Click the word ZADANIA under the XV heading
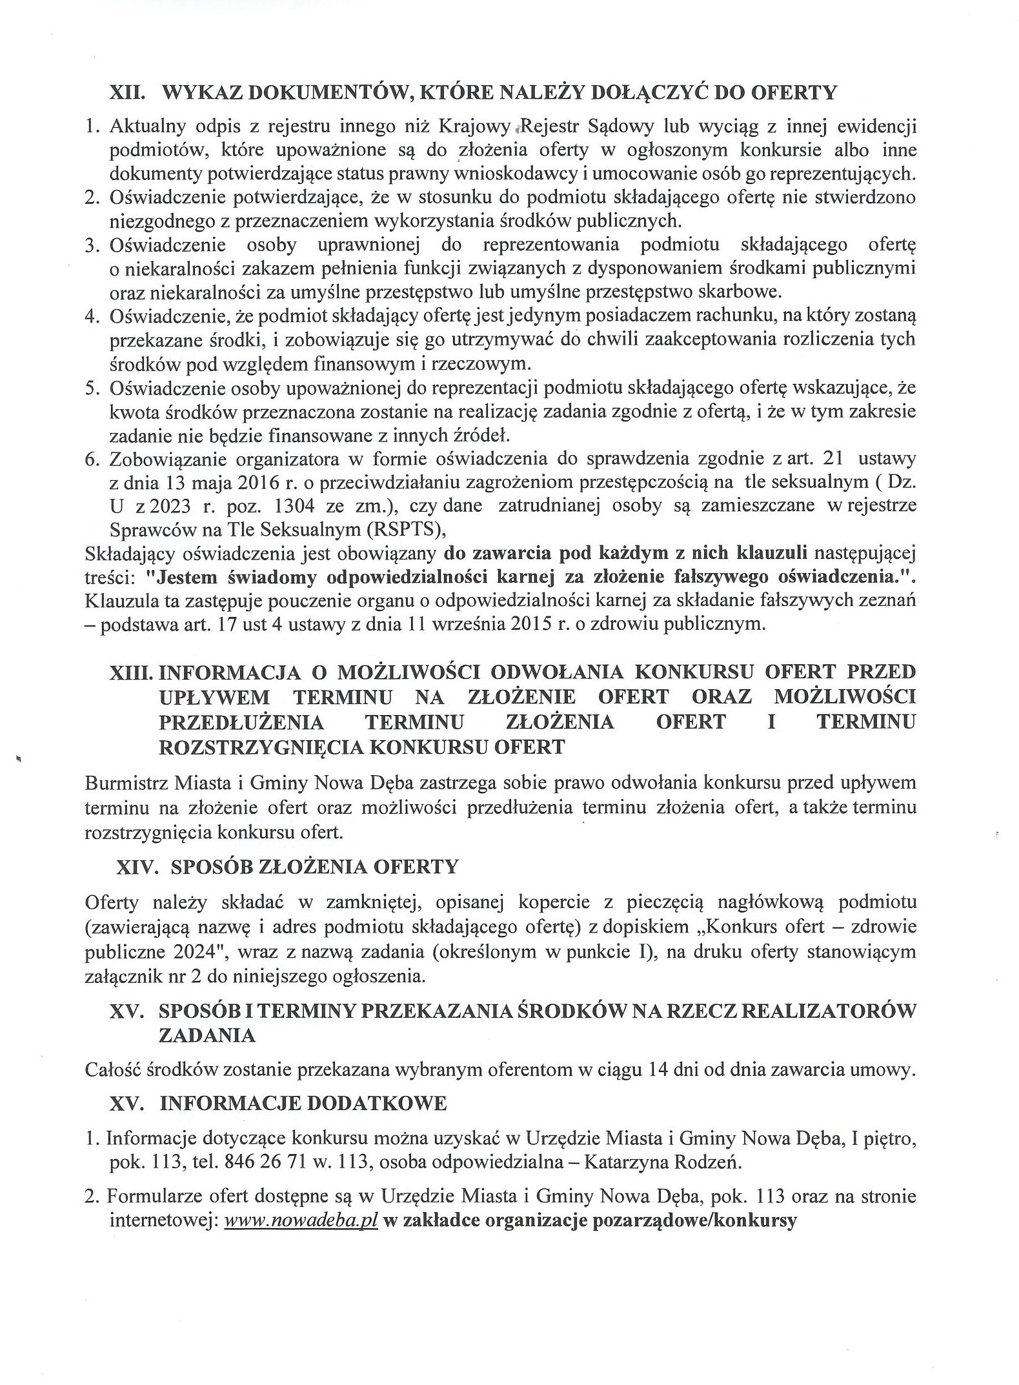[207, 1035]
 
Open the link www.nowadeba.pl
[301, 1222]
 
